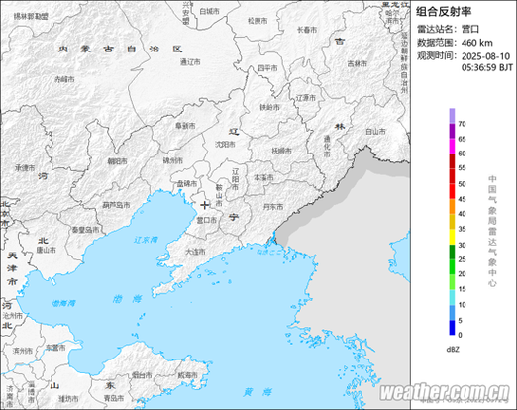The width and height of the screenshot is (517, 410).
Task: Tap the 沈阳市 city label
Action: (226, 144)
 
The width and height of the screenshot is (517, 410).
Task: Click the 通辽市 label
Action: (190, 61)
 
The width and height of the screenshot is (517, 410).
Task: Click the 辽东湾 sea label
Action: (146, 240)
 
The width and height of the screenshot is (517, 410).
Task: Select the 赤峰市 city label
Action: (64, 77)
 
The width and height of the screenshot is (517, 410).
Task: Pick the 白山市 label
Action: (374, 130)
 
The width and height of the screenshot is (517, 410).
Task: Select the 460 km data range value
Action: (477, 43)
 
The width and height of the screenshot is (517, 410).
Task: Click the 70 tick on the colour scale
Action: (462, 123)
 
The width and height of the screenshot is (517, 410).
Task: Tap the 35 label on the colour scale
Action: (462, 229)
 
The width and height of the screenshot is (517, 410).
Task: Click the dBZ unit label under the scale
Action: (452, 350)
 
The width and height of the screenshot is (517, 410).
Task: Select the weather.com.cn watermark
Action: (445, 391)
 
